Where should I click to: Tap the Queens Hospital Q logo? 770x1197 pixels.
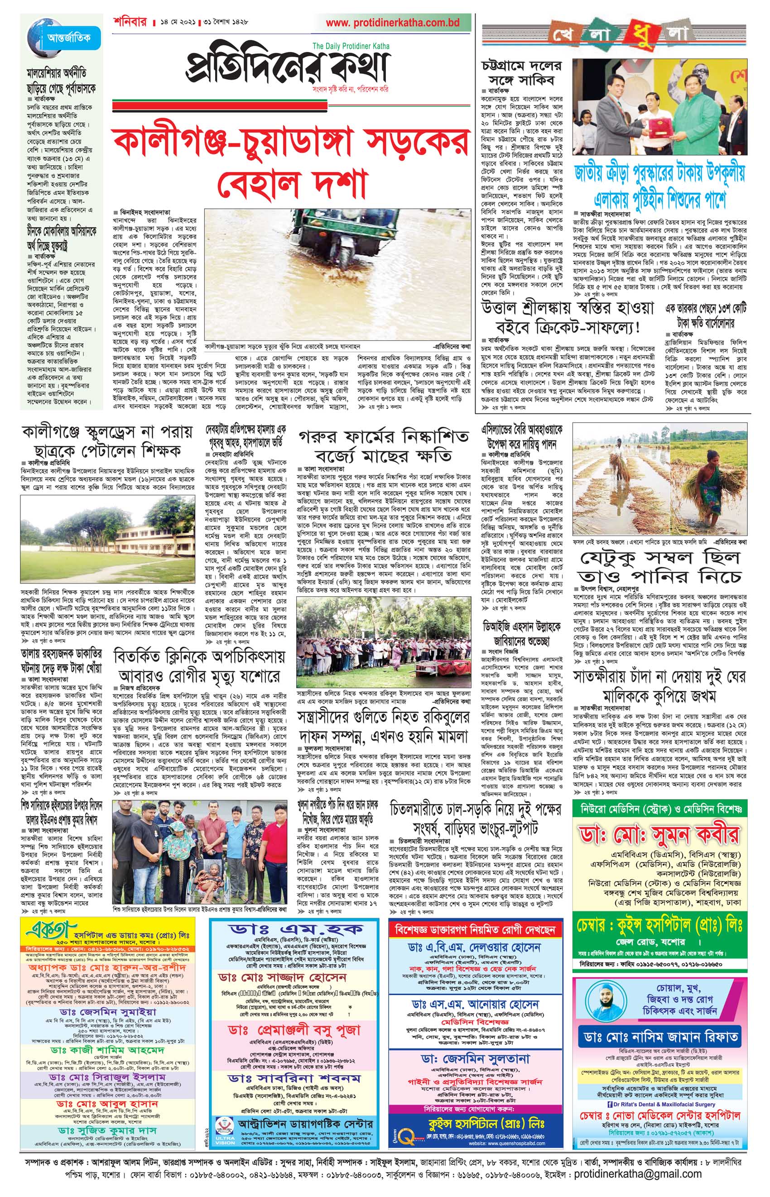coord(404,1134)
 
